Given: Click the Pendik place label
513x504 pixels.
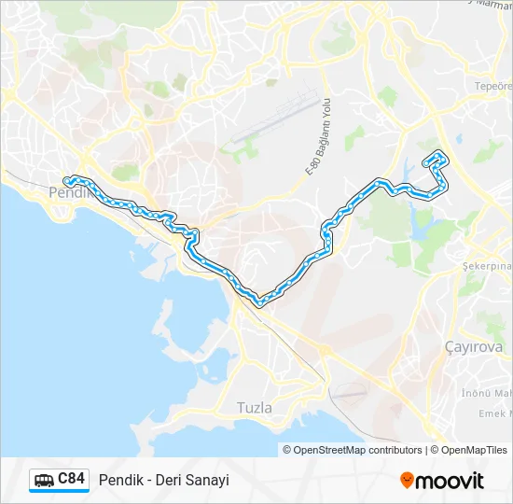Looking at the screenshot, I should pyautogui.click(x=65, y=192).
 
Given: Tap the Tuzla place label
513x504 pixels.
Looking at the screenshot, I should pyautogui.click(x=255, y=407).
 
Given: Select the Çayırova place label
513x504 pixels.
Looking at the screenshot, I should pyautogui.click(x=473, y=347).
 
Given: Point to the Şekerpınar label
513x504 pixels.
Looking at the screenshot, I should pyautogui.click(x=486, y=266).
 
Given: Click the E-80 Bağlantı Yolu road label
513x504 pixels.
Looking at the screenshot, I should pyautogui.click(x=319, y=140).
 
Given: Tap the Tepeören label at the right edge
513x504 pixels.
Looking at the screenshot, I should pyautogui.click(x=493, y=86).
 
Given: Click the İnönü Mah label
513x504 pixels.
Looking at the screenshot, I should pyautogui.click(x=486, y=392).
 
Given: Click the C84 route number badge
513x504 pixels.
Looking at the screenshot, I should pyautogui.click(x=72, y=479).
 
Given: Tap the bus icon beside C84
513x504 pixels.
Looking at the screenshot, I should pyautogui.click(x=44, y=480).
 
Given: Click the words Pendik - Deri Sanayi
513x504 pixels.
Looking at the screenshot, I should pyautogui.click(x=163, y=480).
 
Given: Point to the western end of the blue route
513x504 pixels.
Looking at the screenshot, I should pyautogui.click(x=67, y=180).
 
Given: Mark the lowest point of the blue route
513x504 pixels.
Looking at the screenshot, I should pyautogui.click(x=260, y=301).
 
